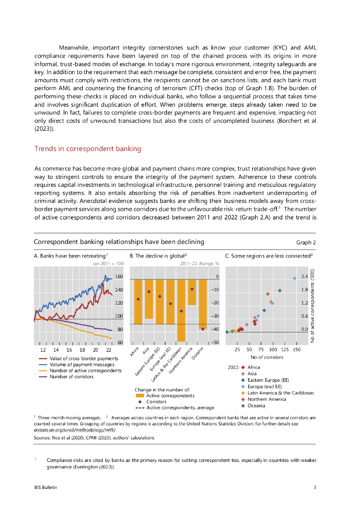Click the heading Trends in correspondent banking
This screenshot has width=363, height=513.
coord(88,149)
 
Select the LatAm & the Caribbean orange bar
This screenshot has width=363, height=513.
coord(181,310)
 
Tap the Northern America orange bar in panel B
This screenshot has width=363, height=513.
coord(192,292)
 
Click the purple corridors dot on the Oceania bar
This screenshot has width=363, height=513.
coord(203,329)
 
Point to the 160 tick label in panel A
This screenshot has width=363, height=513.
coord(119,277)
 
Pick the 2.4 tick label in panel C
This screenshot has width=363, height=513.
coord(304,277)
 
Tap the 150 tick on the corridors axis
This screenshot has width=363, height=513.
coord(296,349)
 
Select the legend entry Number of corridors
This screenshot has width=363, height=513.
coord(71,376)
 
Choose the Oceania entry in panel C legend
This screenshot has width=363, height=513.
coord(256,406)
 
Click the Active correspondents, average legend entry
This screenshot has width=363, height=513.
coord(180,408)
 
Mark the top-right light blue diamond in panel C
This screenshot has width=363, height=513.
coord(295,279)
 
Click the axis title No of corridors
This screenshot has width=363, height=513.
coord(267,357)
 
